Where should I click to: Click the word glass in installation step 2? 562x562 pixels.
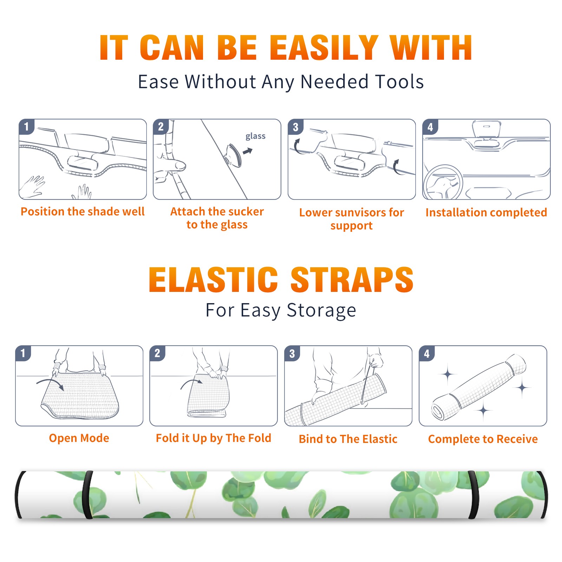pyautogui.click(x=255, y=136)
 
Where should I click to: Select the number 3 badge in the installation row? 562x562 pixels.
pyautogui.click(x=295, y=127)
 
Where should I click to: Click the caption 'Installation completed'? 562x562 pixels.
pyautogui.click(x=486, y=213)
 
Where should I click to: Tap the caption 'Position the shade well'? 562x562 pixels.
pyautogui.click(x=83, y=211)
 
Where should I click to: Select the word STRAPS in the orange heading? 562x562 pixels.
pyautogui.click(x=352, y=280)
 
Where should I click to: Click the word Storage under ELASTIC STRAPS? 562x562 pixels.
pyautogui.click(x=321, y=311)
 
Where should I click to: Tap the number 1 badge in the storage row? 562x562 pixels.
pyautogui.click(x=23, y=353)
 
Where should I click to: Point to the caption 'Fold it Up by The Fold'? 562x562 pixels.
pyautogui.click(x=214, y=438)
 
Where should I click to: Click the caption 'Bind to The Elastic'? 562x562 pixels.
pyautogui.click(x=348, y=439)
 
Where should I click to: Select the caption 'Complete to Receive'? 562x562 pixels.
pyautogui.click(x=483, y=439)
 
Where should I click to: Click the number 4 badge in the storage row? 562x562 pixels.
pyautogui.click(x=427, y=353)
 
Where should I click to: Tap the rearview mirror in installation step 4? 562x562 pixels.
pyautogui.click(x=486, y=129)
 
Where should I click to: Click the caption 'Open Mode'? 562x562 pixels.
pyautogui.click(x=79, y=438)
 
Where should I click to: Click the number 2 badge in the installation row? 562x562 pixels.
pyautogui.click(x=161, y=127)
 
